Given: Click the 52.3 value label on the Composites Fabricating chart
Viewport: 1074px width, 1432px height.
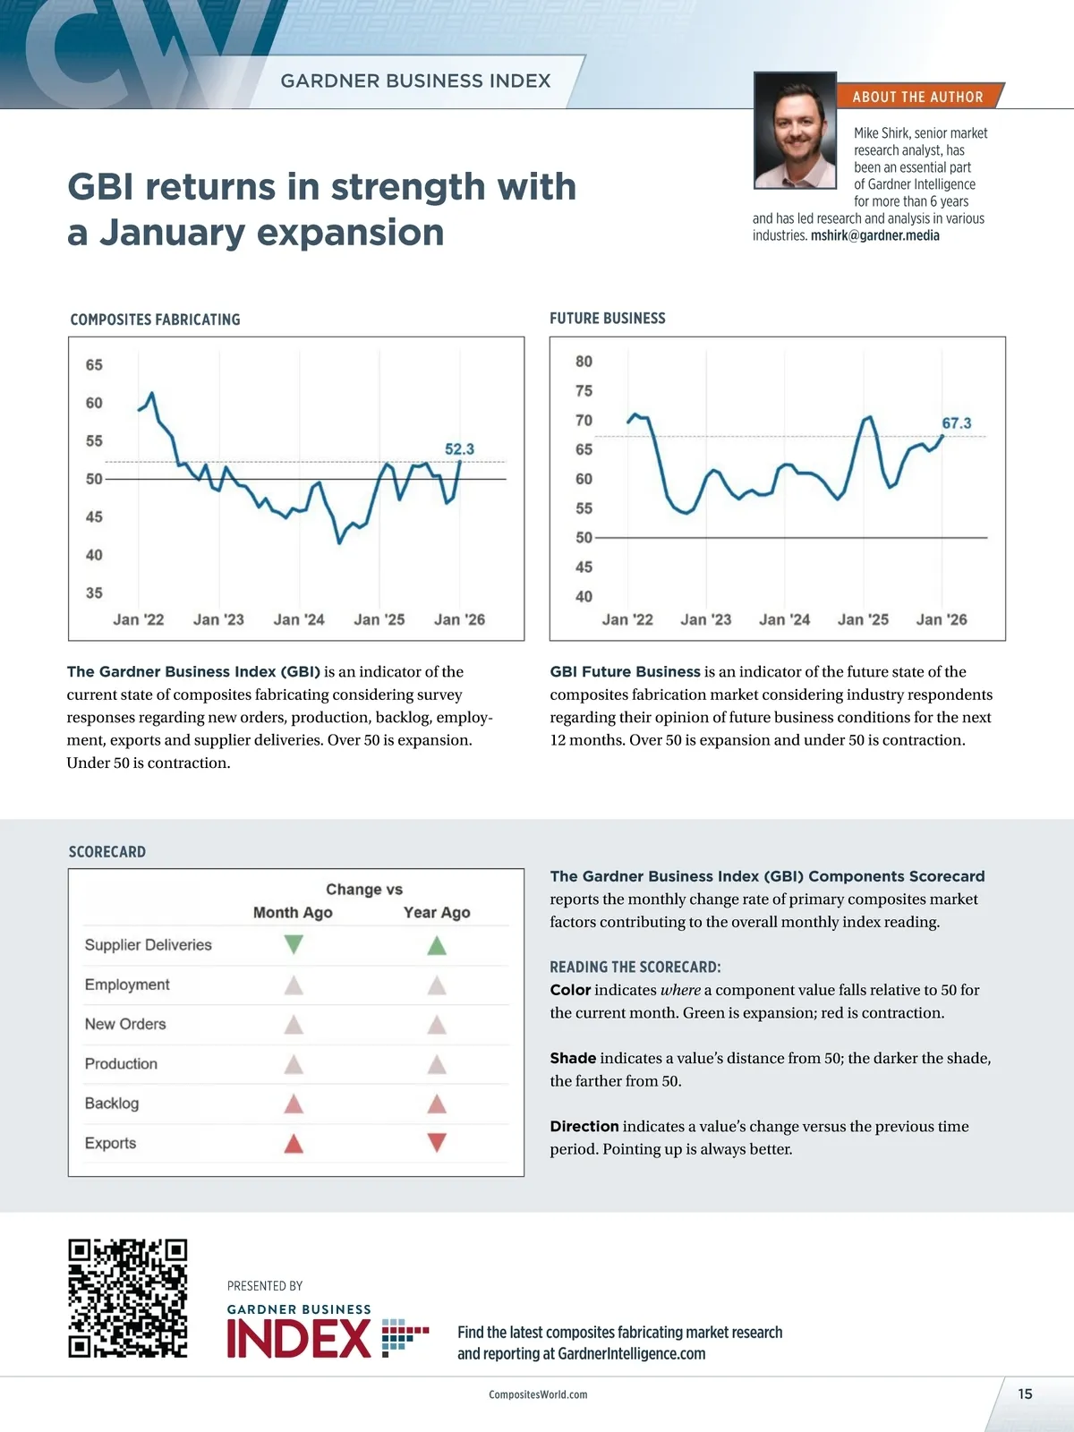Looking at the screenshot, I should tap(459, 449).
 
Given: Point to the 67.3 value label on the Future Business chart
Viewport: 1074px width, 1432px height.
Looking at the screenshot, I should tap(956, 423).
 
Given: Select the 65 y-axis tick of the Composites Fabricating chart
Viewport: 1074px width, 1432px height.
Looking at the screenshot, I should tap(94, 365).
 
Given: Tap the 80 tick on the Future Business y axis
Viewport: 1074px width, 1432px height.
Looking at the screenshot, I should tap(584, 362).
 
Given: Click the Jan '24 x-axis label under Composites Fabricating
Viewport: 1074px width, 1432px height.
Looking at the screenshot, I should tap(299, 619).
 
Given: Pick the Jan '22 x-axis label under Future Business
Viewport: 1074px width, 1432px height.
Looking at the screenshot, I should tap(627, 619).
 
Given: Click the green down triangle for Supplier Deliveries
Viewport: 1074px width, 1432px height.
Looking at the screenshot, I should tap(294, 944).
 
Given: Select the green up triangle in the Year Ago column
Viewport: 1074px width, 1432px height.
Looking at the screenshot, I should tap(437, 944).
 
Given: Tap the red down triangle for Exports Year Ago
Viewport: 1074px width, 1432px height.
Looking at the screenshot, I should tap(437, 1142).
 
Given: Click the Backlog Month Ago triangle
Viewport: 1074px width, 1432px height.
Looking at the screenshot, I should tap(294, 1104).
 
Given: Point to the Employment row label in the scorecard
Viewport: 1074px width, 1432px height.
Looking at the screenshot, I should tap(127, 984).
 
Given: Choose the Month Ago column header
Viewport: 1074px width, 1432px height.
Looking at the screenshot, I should tap(293, 913).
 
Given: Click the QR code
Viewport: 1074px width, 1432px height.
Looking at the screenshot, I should tap(128, 1299).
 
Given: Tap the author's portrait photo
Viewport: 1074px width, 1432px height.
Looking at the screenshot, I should tap(795, 131).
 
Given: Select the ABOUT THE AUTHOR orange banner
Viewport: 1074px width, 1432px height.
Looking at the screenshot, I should tap(917, 97).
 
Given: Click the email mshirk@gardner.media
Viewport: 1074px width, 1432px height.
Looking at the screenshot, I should tap(874, 236).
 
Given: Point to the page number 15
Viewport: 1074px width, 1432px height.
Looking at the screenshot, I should tap(1025, 1394).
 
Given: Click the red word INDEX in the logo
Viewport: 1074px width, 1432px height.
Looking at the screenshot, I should tap(299, 1340).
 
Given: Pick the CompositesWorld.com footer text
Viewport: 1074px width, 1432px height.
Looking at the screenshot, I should tap(538, 1394).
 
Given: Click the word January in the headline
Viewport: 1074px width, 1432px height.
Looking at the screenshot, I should tap(171, 233).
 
